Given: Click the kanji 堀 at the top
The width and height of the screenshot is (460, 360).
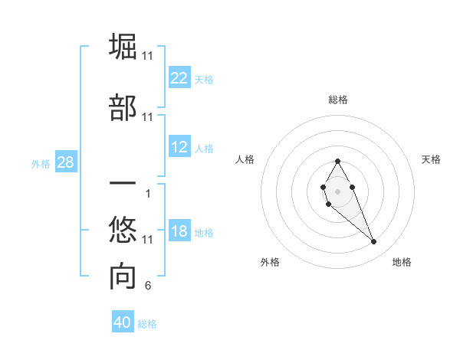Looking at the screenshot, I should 123,47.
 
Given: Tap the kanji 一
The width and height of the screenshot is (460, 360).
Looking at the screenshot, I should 123,185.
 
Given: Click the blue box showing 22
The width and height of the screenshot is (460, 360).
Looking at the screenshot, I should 179,78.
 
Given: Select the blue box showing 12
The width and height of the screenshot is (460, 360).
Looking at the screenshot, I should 179,147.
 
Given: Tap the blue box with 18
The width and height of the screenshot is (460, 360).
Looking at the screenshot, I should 179,232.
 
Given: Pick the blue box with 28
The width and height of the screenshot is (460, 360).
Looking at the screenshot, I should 65,162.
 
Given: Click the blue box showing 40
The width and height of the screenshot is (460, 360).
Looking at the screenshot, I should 123,322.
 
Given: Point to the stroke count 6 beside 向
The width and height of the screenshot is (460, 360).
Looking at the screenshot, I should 147,286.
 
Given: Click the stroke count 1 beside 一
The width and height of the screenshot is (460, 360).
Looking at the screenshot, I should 147,193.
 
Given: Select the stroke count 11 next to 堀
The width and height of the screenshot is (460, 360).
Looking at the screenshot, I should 147,56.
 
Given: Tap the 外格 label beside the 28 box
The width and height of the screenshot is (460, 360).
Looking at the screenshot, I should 41,164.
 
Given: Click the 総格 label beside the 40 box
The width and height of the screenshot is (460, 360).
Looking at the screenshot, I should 147,324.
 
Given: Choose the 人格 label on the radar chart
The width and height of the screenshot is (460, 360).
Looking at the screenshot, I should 245,159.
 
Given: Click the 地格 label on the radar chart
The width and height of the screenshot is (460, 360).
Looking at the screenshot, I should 402,262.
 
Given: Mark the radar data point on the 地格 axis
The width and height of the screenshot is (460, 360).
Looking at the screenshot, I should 374,242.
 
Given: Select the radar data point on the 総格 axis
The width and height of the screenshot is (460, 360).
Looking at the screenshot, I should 337,161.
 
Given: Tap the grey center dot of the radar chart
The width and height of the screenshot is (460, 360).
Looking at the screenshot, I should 337,190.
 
